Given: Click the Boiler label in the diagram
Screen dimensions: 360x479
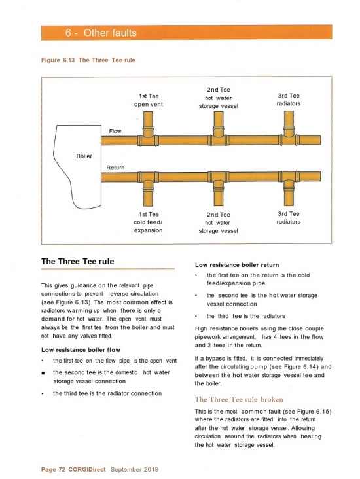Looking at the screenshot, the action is [x=84, y=156].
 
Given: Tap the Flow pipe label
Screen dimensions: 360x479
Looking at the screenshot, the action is [x=115, y=131].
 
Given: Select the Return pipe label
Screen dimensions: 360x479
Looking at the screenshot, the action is [x=115, y=168].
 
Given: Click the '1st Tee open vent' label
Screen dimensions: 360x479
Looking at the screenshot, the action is [x=149, y=100].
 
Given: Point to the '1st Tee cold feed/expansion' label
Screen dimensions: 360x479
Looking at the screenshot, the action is [x=148, y=222].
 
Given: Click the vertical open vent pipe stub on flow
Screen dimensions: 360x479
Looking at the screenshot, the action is [x=148, y=124].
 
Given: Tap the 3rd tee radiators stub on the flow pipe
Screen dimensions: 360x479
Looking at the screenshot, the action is [x=289, y=124].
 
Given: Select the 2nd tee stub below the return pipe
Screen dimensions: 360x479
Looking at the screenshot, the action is [x=218, y=194].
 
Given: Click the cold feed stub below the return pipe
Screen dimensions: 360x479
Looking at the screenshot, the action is [x=148, y=194].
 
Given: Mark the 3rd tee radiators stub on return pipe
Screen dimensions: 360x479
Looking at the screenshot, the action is [x=289, y=194].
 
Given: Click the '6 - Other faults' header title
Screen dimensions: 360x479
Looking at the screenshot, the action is [x=101, y=33].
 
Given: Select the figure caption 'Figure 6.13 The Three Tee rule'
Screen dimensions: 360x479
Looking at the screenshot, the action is [x=88, y=60].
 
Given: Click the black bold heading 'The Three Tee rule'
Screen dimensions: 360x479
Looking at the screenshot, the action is [x=78, y=262].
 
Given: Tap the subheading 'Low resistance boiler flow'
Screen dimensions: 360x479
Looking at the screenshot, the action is [x=81, y=350].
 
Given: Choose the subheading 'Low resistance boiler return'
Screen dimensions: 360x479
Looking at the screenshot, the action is [x=237, y=265].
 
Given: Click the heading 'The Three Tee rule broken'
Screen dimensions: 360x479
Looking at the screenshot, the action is [x=239, y=399].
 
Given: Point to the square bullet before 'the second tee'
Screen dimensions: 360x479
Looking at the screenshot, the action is [x=43, y=373].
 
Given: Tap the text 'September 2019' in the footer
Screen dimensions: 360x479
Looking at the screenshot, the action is [x=134, y=470].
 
